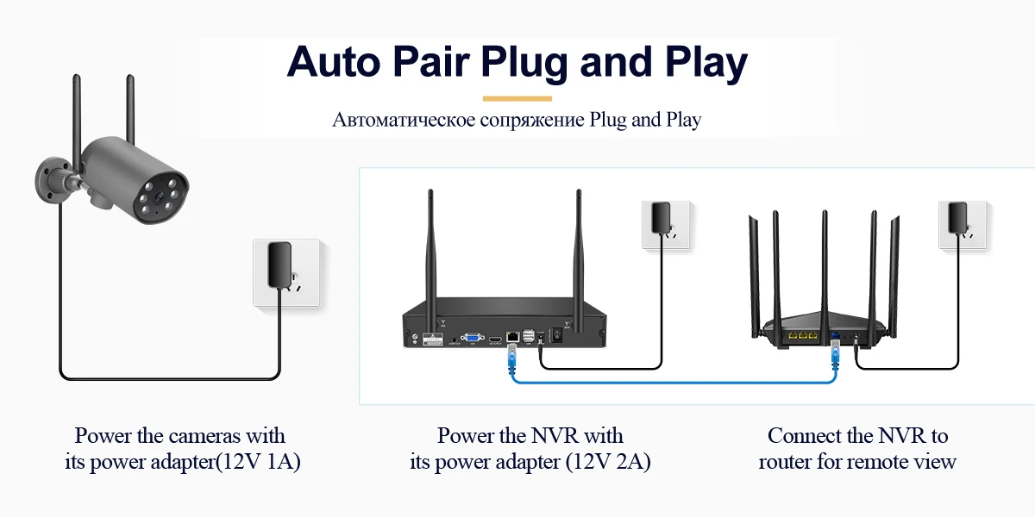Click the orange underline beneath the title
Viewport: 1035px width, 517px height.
pos(517,98)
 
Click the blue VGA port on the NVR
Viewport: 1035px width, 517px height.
pos(472,339)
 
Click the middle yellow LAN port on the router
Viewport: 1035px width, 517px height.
pos(802,335)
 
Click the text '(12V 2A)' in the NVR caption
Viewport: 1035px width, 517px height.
pos(608,462)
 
